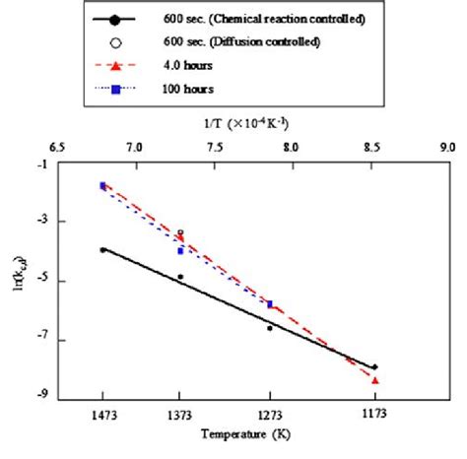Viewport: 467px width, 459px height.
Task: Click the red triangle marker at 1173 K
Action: (x=375, y=380)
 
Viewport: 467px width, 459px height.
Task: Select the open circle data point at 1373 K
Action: (x=180, y=232)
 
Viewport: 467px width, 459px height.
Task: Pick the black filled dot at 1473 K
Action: (x=102, y=249)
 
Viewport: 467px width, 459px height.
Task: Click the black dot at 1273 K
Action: (x=270, y=328)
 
